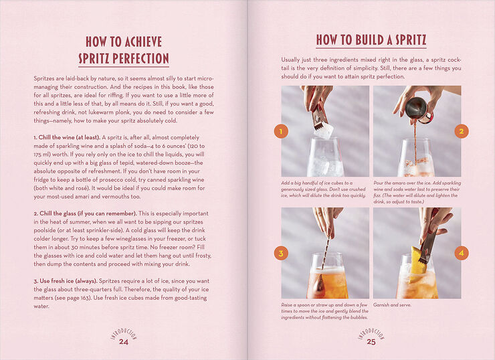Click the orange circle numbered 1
coord(281,131)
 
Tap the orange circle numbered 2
coord(462,131)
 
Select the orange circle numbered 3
coord(281,253)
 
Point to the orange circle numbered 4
coord(462,253)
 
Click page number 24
coord(124,342)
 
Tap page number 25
coord(371,342)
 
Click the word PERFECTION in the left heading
coord(140,59)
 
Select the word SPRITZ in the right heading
coord(409,40)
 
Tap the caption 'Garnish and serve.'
coord(392,305)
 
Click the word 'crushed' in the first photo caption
coord(358,189)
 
